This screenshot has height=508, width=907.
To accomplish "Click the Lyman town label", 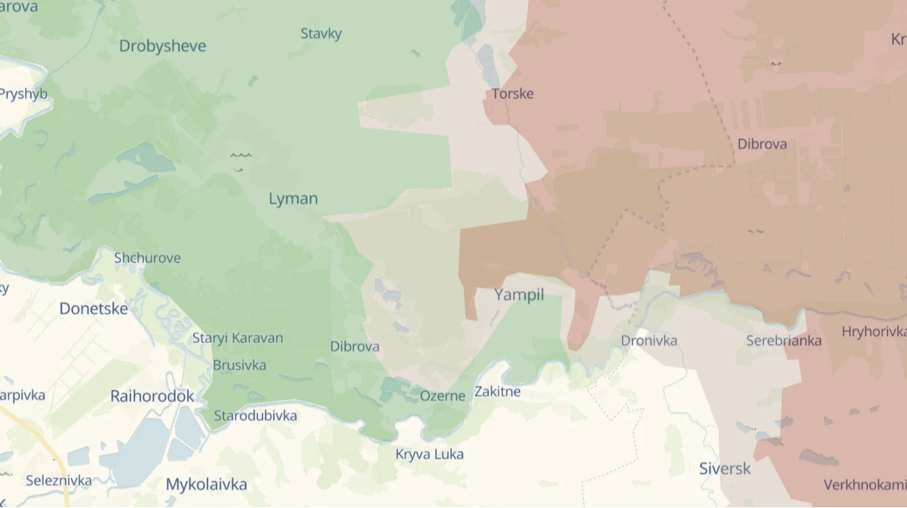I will [293, 199].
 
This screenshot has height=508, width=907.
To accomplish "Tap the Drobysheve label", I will [163, 46].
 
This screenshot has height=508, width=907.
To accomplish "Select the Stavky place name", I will [321, 34].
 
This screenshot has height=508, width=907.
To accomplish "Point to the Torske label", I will [512, 94].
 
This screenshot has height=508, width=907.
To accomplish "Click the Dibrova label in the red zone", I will [762, 145].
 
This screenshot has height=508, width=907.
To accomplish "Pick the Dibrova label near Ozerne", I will [355, 347].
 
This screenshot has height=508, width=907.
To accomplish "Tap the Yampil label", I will [519, 295].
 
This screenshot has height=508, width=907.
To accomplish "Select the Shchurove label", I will [147, 258].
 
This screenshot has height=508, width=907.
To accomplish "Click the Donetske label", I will [93, 309].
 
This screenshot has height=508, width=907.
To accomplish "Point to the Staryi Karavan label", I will [238, 338].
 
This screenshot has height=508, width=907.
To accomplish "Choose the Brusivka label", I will [239, 366].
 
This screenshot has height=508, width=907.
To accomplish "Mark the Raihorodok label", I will [152, 396].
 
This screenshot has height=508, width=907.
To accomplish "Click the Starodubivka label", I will [255, 416].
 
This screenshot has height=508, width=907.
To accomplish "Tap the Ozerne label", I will [442, 396].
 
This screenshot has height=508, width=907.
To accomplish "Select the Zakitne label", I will [497, 392].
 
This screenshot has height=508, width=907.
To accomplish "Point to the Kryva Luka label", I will [429, 455].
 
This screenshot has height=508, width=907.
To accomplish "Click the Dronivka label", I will [649, 340].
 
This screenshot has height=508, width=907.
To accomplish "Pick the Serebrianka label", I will [783, 340].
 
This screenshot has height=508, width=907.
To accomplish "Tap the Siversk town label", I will [725, 469].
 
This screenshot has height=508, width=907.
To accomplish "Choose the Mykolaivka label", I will [206, 484].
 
